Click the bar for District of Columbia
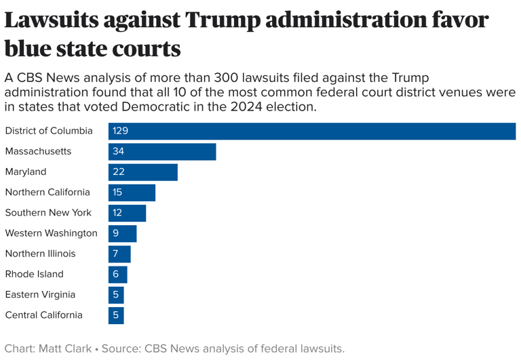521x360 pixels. [x=312, y=131]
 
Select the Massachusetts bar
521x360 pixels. [x=162, y=151]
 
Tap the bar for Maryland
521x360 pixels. [x=143, y=172]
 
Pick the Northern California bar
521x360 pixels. [x=132, y=193]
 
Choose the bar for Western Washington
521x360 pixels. [x=122, y=233]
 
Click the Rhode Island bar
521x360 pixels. [x=117, y=275]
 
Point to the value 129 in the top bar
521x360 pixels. [x=121, y=131]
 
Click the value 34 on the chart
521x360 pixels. [x=119, y=151]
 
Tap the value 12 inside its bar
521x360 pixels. [x=117, y=213]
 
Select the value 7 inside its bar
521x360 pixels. [x=116, y=254]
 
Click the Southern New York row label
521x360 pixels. [x=48, y=213]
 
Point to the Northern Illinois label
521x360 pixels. [x=40, y=254]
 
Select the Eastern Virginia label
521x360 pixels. [x=39, y=295]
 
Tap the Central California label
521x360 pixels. [x=43, y=315]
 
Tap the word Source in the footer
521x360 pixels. [x=121, y=349]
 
